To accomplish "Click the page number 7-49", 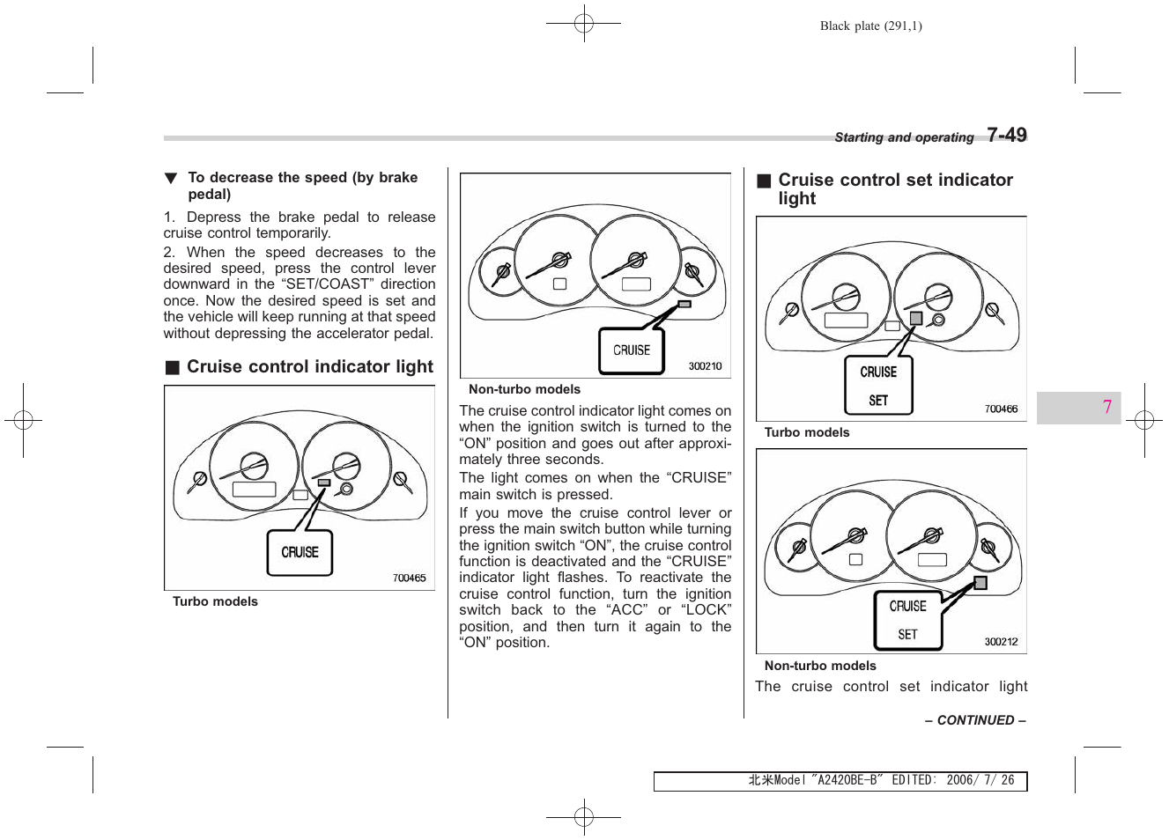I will [x=1006, y=135].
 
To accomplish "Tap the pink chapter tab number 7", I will [x=1106, y=407].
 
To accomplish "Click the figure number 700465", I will [x=409, y=578].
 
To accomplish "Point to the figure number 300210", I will [x=705, y=366].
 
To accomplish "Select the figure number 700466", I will [x=1001, y=409].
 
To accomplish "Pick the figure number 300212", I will [x=1001, y=642].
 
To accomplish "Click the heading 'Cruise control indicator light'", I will [x=309, y=366].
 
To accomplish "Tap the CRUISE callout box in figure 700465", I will [x=300, y=552].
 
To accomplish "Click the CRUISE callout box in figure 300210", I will [x=631, y=350].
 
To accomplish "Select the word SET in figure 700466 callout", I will [x=878, y=401].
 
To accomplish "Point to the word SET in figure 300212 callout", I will [x=907, y=634].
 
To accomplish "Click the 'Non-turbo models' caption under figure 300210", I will [x=524, y=389].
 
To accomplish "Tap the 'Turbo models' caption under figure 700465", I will [x=215, y=601].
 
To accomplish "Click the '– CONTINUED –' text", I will [x=975, y=720].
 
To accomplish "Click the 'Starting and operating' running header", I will [x=904, y=137].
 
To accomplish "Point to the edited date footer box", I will [x=840, y=781].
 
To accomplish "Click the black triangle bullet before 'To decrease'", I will [x=171, y=179].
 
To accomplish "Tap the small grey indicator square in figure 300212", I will [x=980, y=583].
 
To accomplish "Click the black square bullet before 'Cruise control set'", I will [x=764, y=181].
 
